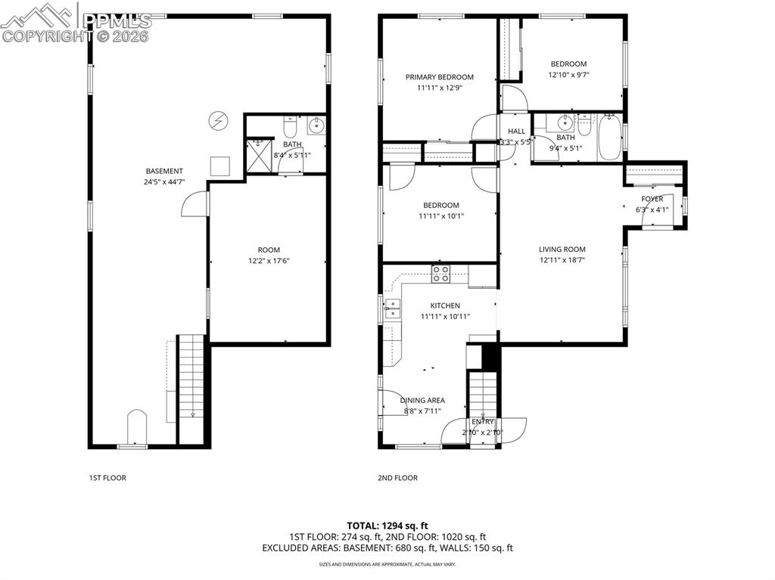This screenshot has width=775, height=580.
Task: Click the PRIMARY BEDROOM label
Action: (x=439, y=77)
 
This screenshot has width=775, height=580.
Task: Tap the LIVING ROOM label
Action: (x=562, y=250)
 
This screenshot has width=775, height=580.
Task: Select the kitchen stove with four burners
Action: (x=440, y=274)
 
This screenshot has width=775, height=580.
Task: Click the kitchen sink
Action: (x=392, y=308)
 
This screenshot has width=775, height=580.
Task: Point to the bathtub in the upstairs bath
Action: (x=610, y=137)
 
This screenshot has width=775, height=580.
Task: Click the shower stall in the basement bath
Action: (x=259, y=156)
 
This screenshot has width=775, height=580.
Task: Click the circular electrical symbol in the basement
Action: (x=218, y=120)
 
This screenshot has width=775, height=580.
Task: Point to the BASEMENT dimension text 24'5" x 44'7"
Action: (x=165, y=181)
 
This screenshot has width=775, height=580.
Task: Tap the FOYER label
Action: (x=652, y=200)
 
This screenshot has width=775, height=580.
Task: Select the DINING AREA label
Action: (x=422, y=401)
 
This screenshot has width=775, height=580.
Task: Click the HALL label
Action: (x=516, y=132)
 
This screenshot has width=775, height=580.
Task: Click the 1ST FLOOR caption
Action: (x=107, y=478)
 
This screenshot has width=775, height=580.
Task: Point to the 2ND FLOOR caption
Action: (x=397, y=478)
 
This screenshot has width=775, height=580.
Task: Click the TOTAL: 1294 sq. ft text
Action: (x=387, y=525)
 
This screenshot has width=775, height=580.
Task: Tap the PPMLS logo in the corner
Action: (x=76, y=23)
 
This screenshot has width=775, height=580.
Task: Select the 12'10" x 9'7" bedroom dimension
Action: (x=568, y=75)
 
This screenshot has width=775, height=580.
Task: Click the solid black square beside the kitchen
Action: (x=490, y=356)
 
